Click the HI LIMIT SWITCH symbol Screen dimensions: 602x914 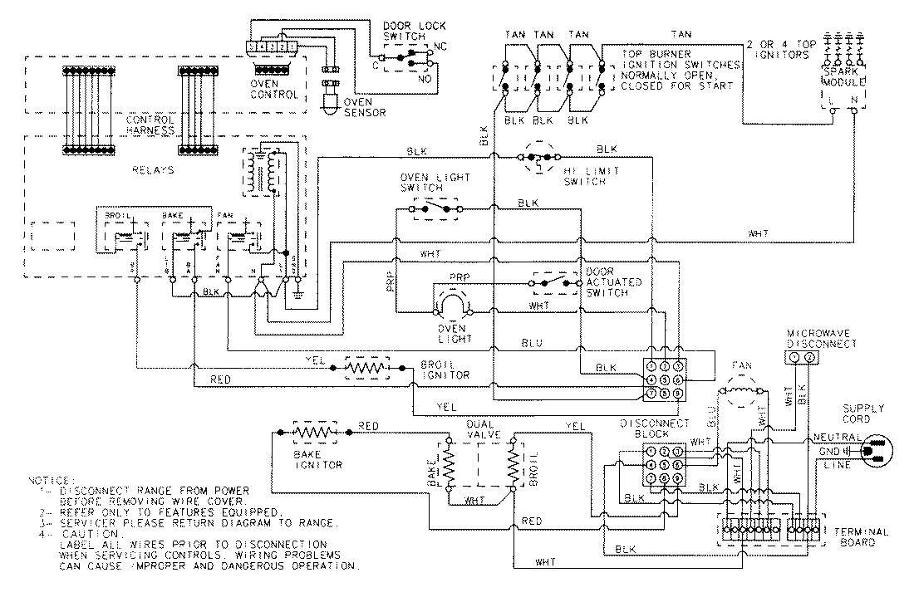543,159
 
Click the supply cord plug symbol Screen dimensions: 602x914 877,452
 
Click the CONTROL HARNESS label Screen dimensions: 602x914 151,125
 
